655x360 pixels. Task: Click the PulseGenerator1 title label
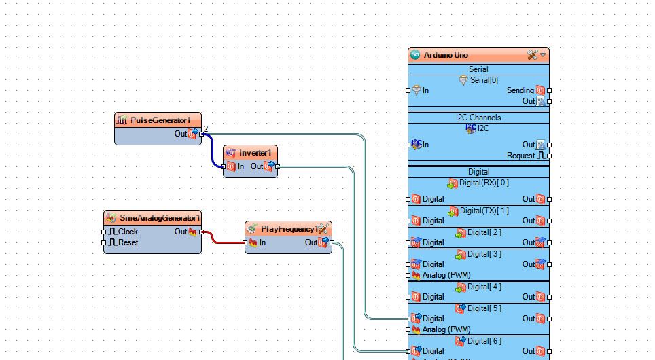point(160,120)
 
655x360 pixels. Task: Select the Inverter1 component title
point(255,153)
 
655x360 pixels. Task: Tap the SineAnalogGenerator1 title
point(160,218)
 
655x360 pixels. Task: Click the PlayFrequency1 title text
point(289,229)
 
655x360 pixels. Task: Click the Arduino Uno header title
point(446,55)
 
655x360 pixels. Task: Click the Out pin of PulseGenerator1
point(201,134)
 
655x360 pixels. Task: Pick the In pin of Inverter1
point(224,166)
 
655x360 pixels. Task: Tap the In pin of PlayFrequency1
point(246,242)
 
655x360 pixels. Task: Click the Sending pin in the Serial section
point(549,90)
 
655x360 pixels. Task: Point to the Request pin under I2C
point(549,156)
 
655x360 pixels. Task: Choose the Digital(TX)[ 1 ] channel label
point(484,211)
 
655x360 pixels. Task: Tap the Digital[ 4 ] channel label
point(484,287)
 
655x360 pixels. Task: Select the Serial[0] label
point(483,80)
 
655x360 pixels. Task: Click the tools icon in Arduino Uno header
point(532,55)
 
